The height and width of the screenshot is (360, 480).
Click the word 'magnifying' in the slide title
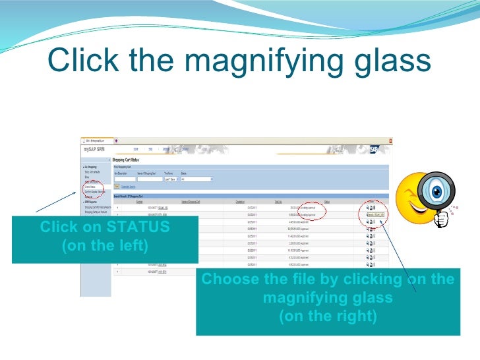267,61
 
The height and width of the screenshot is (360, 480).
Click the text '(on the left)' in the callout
104,246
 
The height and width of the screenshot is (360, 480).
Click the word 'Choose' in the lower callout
229,280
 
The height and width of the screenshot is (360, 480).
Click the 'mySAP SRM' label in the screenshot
92,150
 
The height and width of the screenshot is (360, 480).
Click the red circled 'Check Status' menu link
90,187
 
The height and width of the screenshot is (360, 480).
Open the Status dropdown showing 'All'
197,179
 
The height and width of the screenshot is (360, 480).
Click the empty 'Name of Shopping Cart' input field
149,179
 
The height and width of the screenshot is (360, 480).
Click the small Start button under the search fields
117,187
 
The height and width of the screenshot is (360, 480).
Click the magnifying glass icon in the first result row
368,207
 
